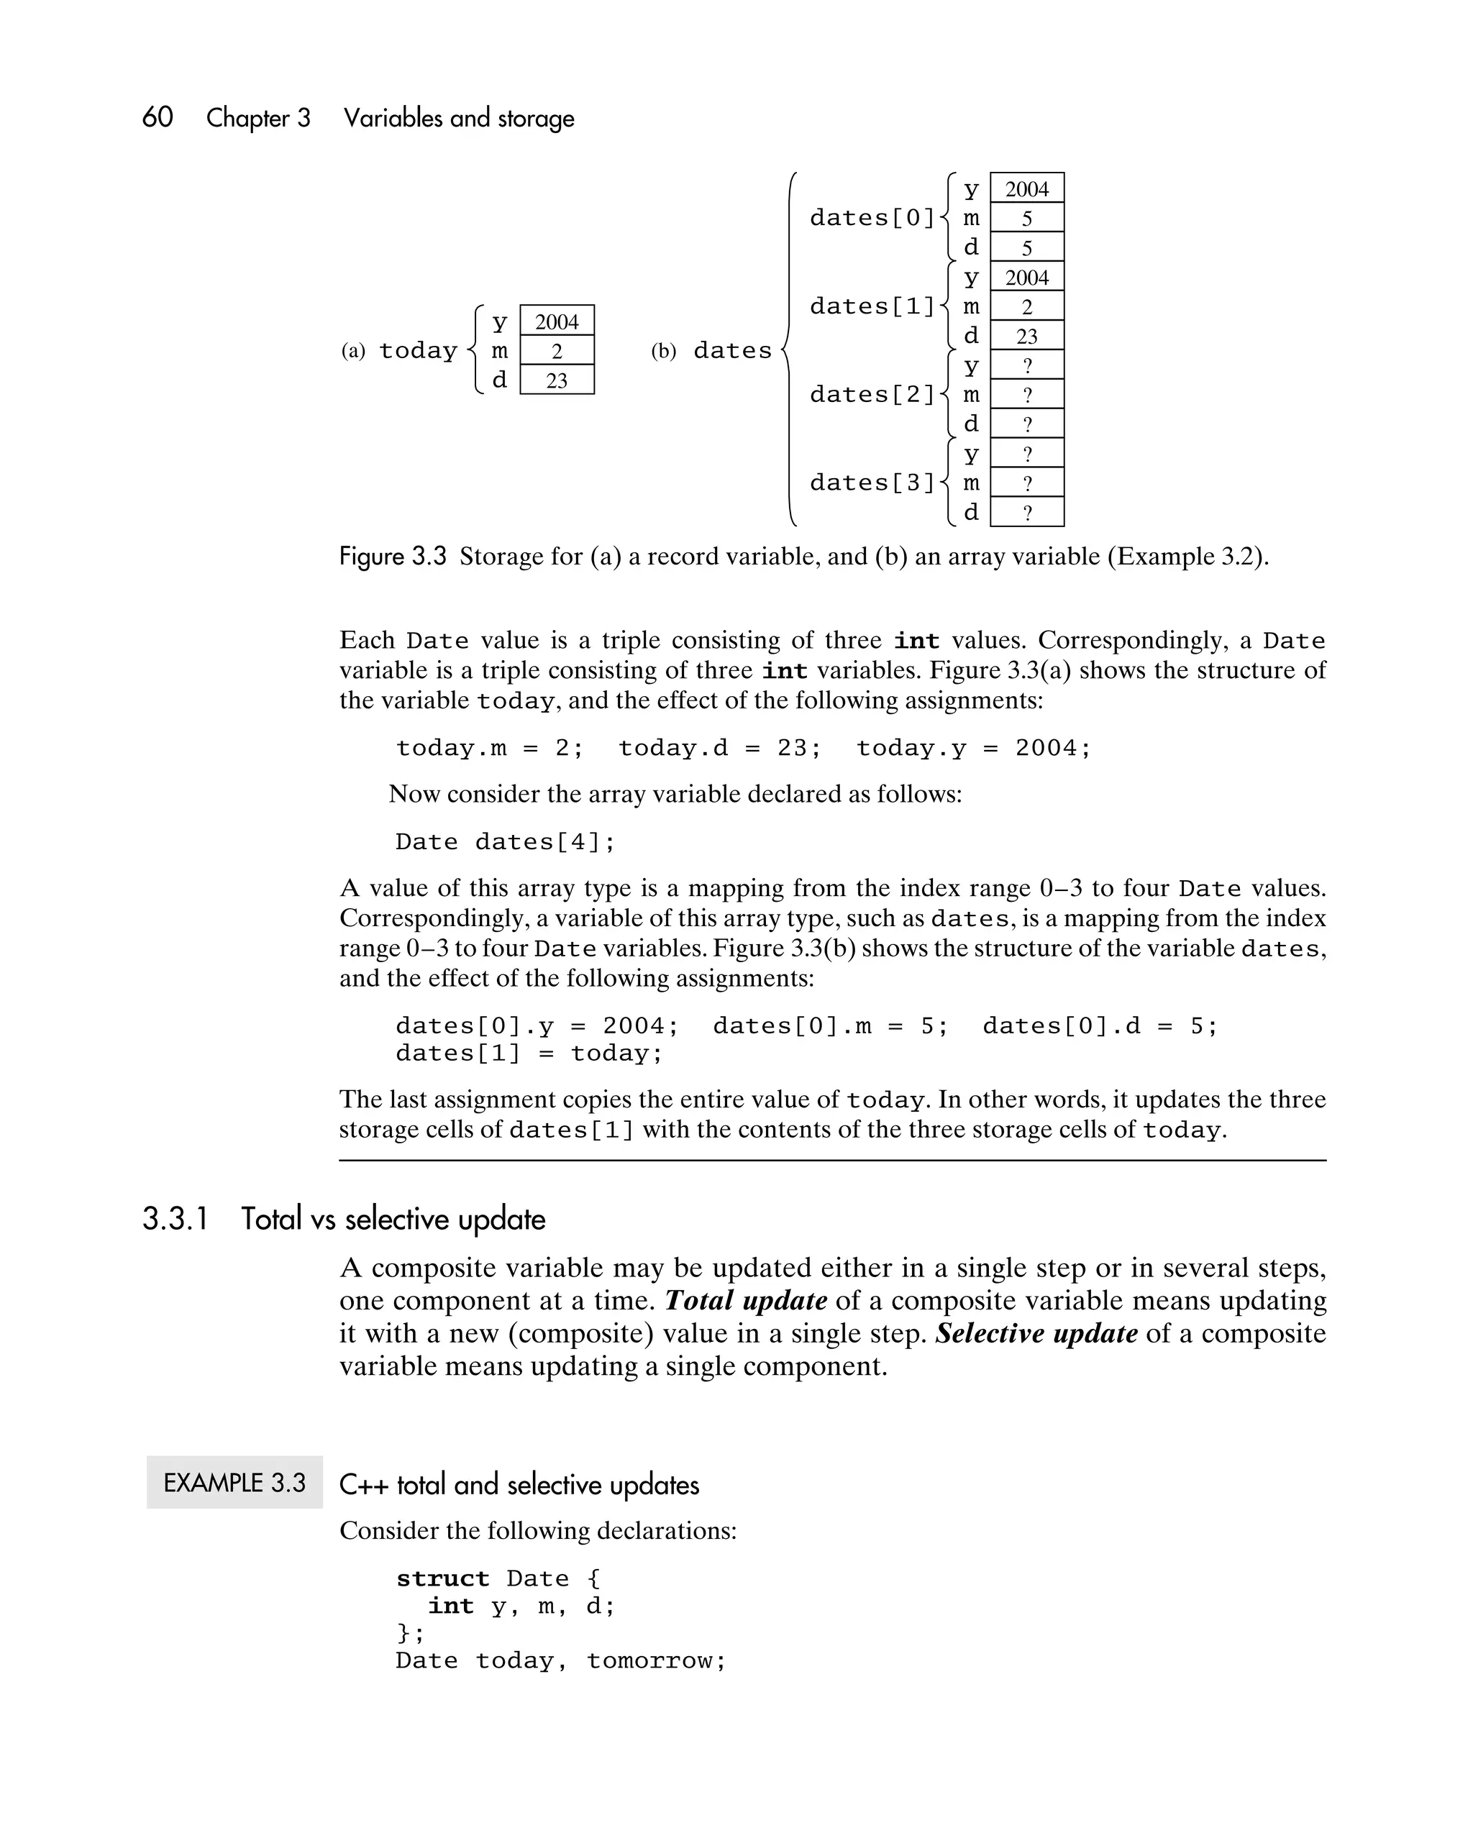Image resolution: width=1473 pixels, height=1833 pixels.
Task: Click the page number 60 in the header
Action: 158,117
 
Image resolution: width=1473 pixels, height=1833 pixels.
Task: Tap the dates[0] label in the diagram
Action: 872,219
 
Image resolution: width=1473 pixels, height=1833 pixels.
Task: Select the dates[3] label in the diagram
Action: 872,483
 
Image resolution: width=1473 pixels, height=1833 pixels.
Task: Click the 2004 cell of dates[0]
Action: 1026,188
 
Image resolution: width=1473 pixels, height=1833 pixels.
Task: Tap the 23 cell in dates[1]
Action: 1026,336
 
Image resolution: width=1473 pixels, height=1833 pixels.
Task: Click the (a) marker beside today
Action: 353,351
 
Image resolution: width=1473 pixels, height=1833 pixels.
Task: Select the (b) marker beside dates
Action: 663,351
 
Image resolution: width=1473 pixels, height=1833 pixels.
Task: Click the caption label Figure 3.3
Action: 392,557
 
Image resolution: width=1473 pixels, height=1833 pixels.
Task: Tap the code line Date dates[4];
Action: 505,841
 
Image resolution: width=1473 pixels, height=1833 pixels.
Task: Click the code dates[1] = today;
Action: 528,1053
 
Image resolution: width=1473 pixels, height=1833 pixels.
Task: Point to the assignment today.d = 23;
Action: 719,748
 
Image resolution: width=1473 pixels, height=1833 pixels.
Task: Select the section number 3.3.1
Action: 175,1219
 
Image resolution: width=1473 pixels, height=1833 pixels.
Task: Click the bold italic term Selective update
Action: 1036,1333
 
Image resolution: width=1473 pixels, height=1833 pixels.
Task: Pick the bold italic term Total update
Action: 746,1301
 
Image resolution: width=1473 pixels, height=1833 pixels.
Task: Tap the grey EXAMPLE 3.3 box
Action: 234,1483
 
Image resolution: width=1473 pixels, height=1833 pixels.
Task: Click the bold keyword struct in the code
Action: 442,1578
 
